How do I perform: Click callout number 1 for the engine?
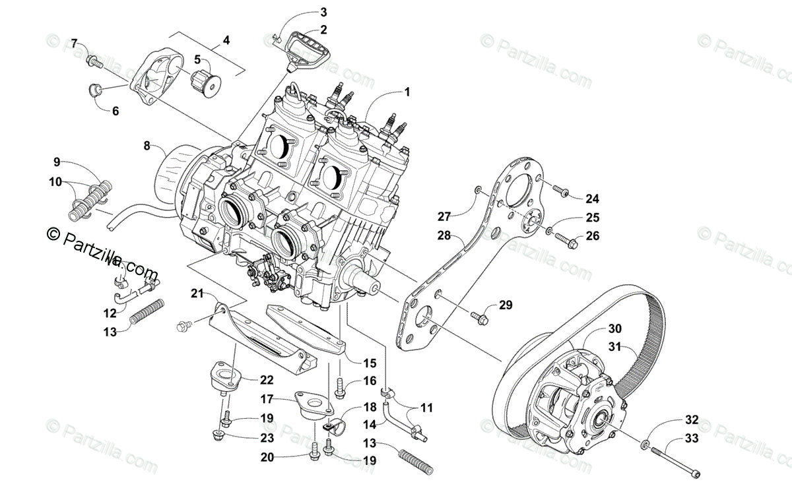coord(407,92)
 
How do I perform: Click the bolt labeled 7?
coord(95,62)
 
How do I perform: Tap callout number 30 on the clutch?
coord(614,328)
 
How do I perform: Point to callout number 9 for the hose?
coord(57,162)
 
